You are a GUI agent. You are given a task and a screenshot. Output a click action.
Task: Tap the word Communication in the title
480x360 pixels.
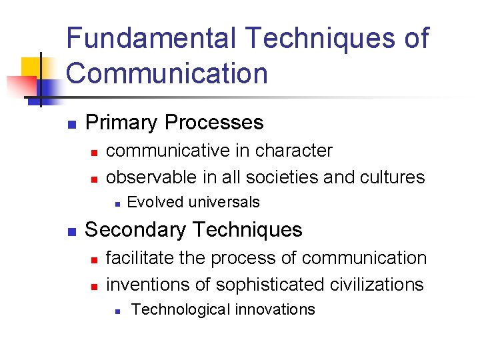pos(167,73)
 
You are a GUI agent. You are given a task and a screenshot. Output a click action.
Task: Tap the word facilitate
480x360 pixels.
pos(137,257)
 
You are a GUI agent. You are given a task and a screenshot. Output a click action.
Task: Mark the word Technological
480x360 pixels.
pos(177,309)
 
